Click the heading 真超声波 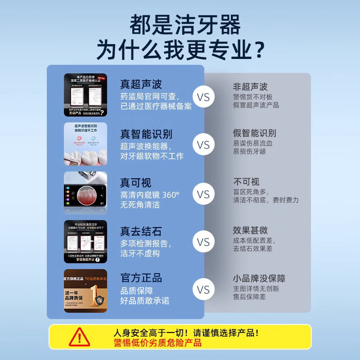click(x=141, y=84)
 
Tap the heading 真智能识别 click(x=146, y=134)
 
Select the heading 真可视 click(x=135, y=183)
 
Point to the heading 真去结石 click(x=141, y=232)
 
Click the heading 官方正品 click(x=141, y=277)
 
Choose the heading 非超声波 click(x=250, y=86)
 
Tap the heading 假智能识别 click(x=254, y=133)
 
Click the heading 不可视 click(x=246, y=182)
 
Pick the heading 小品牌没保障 click(x=259, y=278)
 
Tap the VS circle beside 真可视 click(x=203, y=194)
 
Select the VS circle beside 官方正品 click(x=203, y=289)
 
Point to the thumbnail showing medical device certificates click(x=85, y=95)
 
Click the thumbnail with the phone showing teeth click(x=85, y=193)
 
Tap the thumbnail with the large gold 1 click(x=85, y=291)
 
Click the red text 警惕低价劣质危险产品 click(x=157, y=343)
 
